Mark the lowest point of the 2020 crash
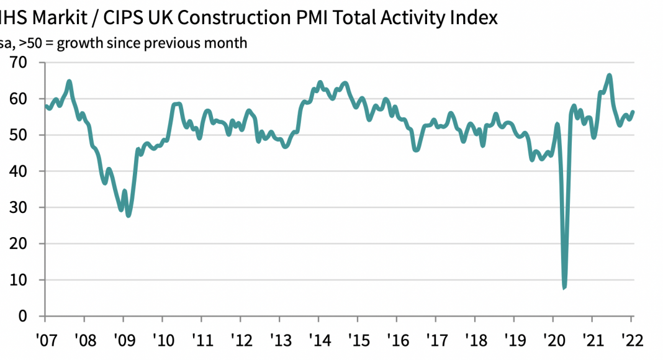pyautogui.click(x=564, y=287)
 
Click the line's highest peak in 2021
pyautogui.click(x=609, y=76)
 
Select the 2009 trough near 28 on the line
pyautogui.click(x=128, y=215)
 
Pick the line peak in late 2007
pyautogui.click(x=69, y=81)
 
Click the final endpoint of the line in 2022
pyautogui.click(x=633, y=112)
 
